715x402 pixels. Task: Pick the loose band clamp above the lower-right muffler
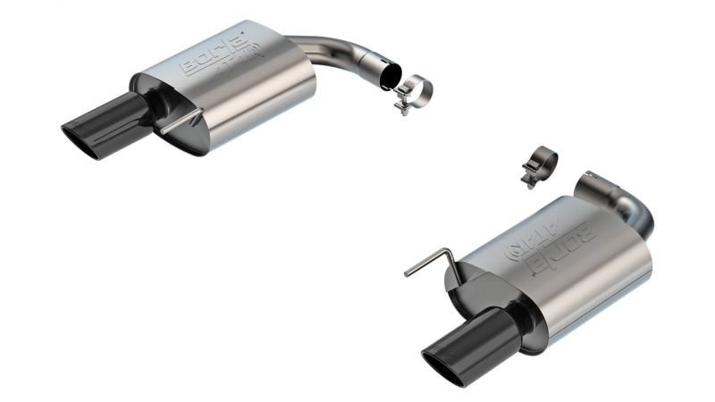[x=540, y=164]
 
